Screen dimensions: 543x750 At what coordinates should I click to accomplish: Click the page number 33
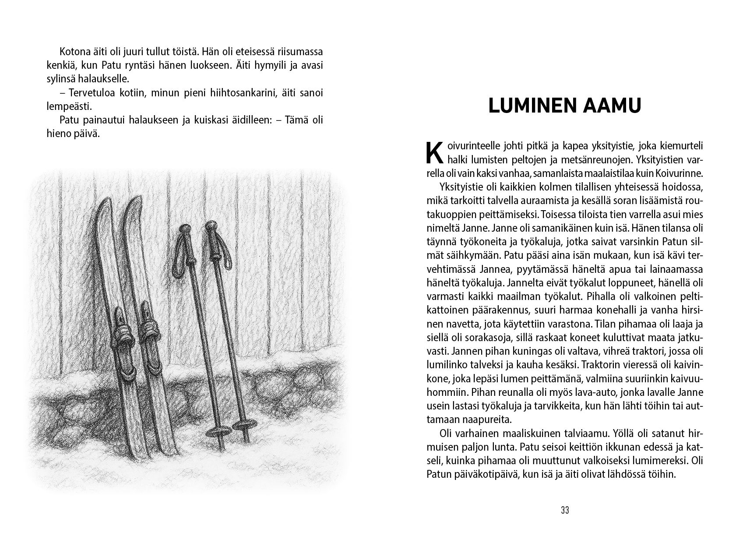564,510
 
